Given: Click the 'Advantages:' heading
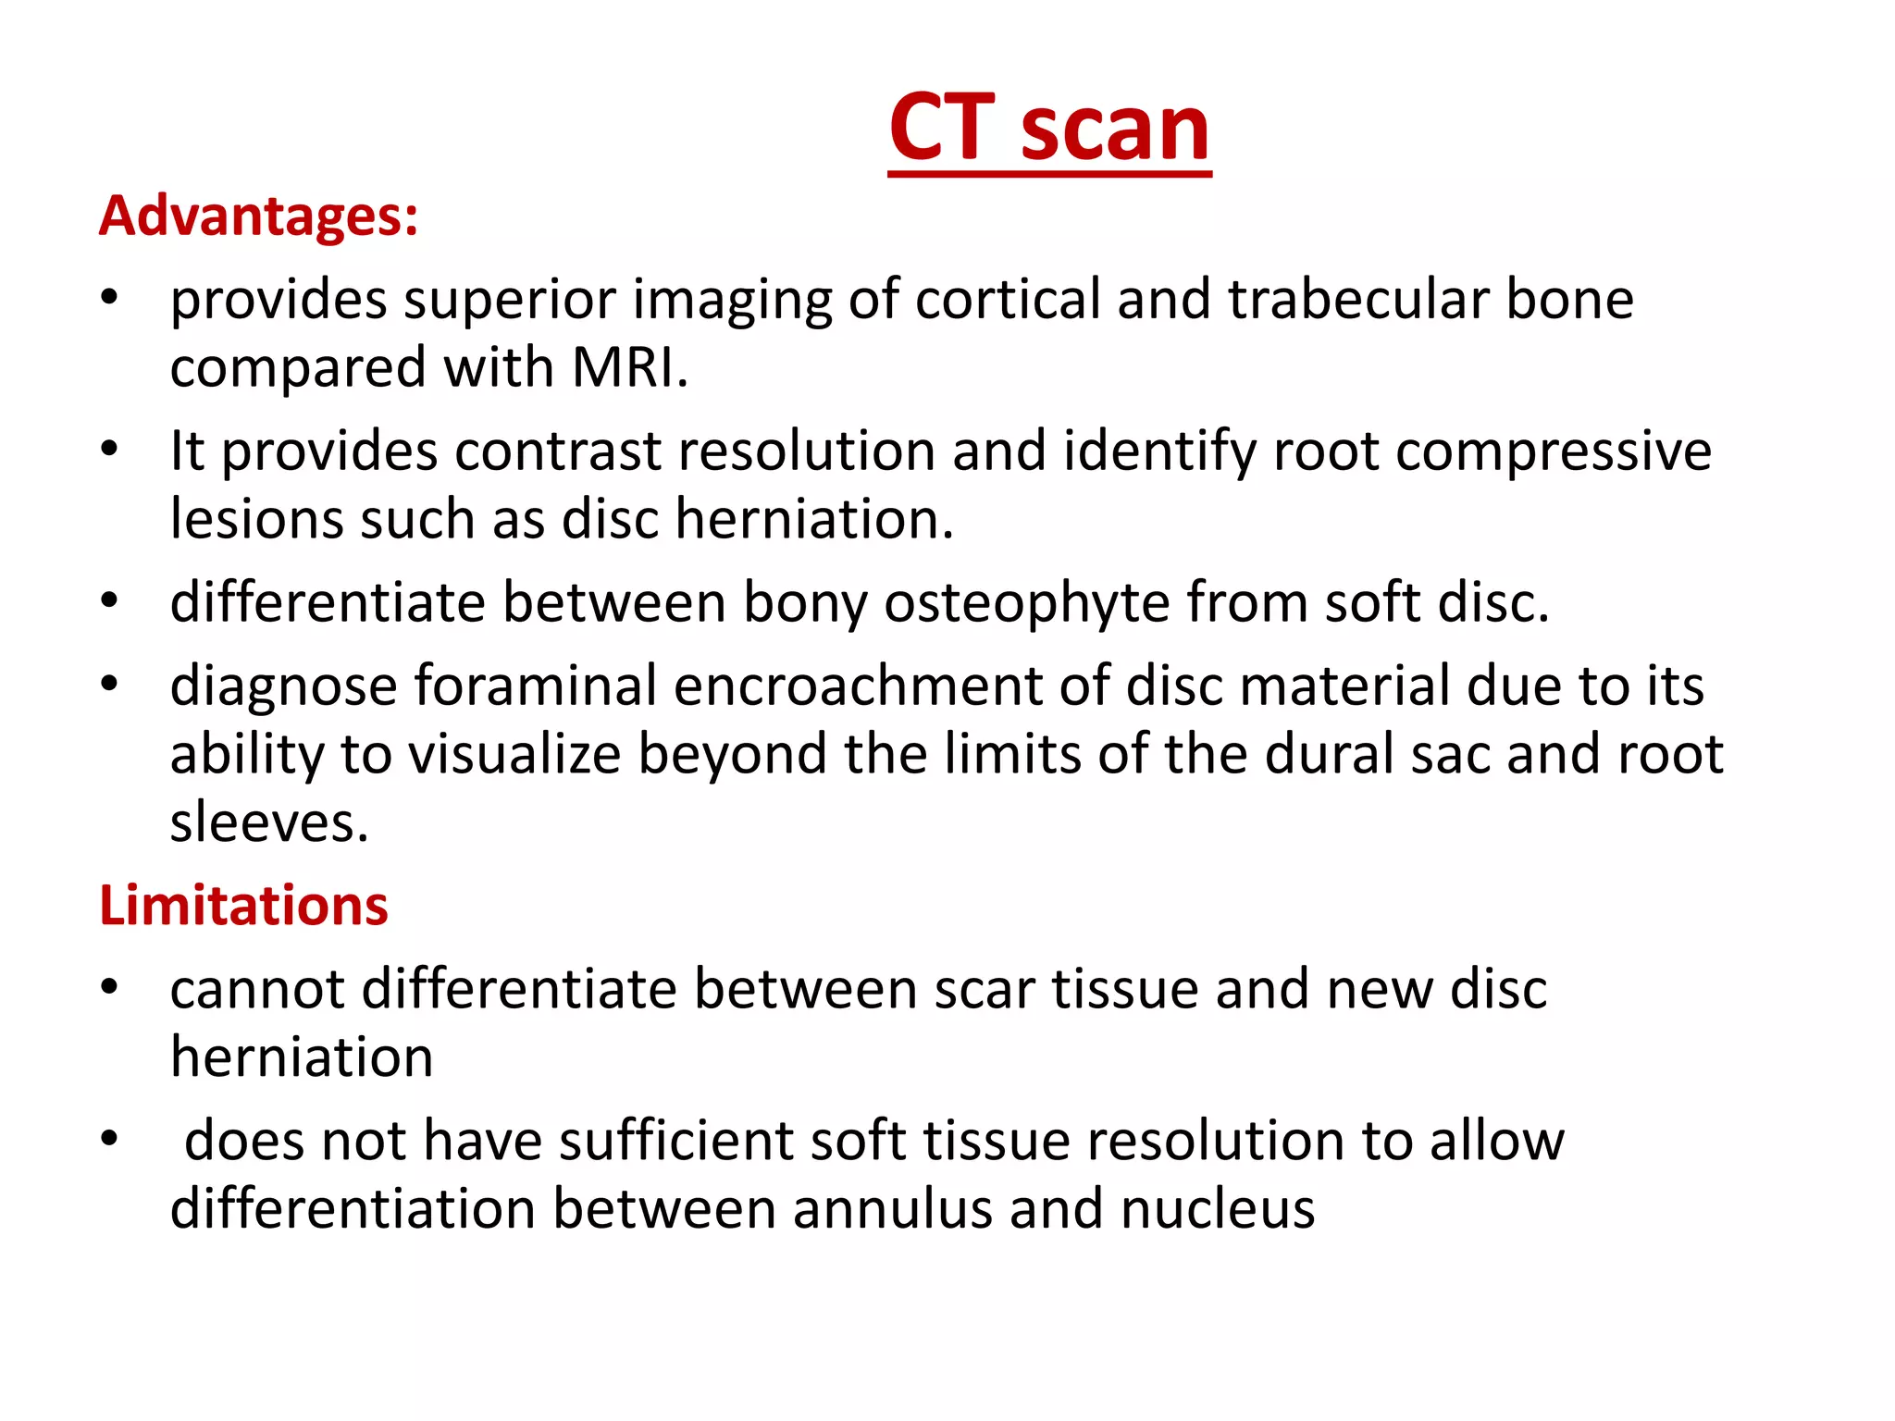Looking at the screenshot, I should pos(258,216).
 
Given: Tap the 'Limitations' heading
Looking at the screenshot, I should pos(243,905).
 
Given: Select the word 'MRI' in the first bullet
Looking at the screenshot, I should pos(626,367).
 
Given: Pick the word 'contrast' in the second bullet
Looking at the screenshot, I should pos(558,451).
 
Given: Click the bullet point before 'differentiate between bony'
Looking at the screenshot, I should pos(110,601).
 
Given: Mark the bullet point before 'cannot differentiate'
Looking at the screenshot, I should pos(110,987).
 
